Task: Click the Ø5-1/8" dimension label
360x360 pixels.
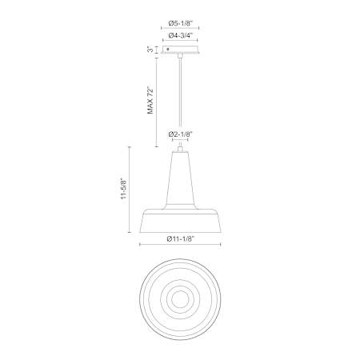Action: [x=180, y=23]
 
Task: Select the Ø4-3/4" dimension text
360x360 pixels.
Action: [x=180, y=35]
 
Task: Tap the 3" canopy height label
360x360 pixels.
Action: [x=150, y=50]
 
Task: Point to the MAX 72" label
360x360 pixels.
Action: [x=150, y=100]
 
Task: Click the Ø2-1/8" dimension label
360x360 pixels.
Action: [x=180, y=134]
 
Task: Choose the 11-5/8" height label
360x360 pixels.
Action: [x=123, y=189]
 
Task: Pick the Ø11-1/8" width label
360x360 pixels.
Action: [x=180, y=239]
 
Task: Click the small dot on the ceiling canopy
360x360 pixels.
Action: [x=168, y=50]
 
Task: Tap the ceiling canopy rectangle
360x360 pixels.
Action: [x=180, y=50]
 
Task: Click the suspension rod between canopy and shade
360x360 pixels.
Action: [x=181, y=102]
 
